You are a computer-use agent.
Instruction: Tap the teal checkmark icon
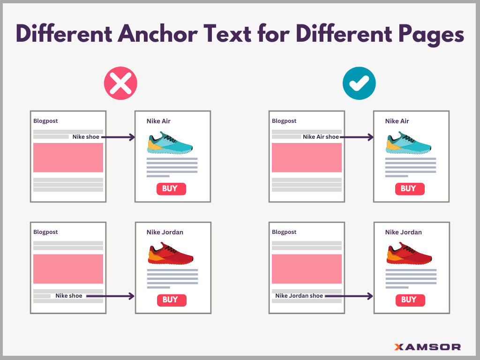359,83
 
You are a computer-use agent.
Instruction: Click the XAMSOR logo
427,347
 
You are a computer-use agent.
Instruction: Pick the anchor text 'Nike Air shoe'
321,137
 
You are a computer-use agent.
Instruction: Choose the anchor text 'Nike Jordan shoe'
299,296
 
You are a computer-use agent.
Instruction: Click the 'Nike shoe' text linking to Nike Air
86,137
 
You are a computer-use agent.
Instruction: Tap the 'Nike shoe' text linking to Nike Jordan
69,296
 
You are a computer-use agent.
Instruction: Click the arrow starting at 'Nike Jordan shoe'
349,296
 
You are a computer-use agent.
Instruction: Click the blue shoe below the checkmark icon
409,143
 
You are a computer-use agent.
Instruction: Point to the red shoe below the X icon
171,254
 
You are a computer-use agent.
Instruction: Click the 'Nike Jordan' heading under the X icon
165,232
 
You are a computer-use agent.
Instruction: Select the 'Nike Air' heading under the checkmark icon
397,121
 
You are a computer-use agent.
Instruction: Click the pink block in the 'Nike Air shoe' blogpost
307,157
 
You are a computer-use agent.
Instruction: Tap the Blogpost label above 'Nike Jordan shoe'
284,232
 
